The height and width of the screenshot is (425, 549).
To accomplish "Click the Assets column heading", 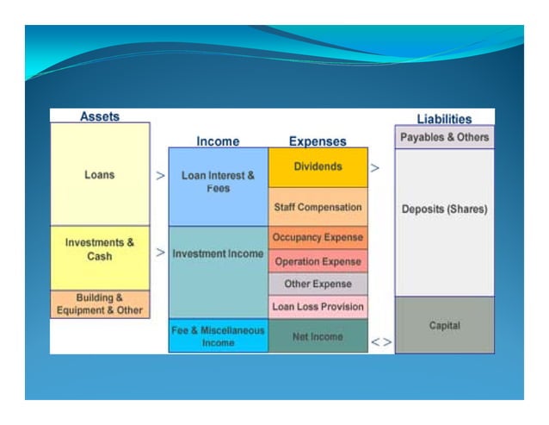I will coord(100,116).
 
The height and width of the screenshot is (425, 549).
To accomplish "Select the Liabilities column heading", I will coord(444,119).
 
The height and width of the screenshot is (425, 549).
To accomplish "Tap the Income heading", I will coord(218,141).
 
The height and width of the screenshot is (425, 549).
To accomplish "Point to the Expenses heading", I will coord(318,141).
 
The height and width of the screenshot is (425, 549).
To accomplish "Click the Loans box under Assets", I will coord(100,174).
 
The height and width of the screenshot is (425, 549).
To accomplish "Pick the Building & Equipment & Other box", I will coord(100,304).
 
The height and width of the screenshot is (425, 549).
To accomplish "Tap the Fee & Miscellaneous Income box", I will coord(218,335).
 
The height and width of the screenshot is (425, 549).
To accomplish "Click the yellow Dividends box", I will coord(318,167).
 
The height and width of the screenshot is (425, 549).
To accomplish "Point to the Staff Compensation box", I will coord(318,207).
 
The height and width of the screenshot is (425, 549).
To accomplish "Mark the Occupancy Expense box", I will coord(318,237).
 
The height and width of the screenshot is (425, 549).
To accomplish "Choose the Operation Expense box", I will coord(318,261).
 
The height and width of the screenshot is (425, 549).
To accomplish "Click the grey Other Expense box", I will coord(318,284).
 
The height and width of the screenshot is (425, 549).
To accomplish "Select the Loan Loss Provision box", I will coord(318,307).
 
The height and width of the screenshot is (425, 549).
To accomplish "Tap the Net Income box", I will coord(318,336).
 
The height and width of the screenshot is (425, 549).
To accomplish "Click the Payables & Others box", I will coord(444,137).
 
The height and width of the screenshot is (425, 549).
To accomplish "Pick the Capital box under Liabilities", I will coord(444,325).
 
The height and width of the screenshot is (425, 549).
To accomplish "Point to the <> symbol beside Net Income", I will coord(381,342).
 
